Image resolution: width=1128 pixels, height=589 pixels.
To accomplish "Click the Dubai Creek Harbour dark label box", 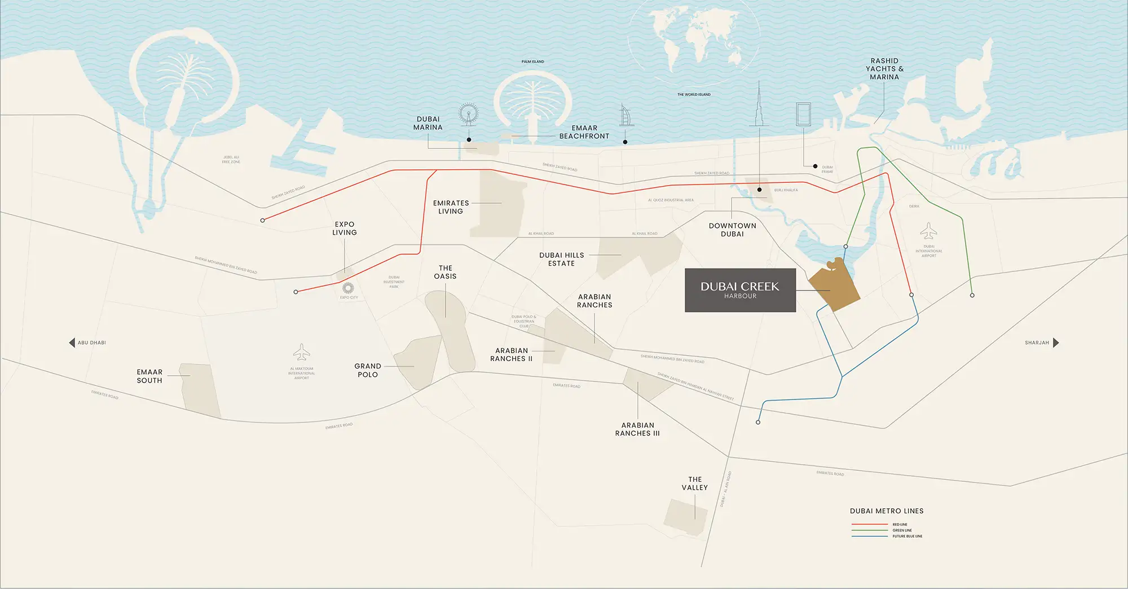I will point(740,290).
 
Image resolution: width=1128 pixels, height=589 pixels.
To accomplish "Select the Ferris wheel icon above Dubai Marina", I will point(468,114).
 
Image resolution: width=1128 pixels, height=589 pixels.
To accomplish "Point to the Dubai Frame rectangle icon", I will point(803,114).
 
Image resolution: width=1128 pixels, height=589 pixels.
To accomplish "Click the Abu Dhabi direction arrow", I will point(72,342).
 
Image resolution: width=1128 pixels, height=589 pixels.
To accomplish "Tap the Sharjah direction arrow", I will point(1056,342).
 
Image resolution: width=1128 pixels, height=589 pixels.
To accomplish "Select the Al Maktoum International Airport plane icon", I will point(302,352).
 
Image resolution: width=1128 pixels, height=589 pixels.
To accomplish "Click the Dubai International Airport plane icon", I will point(928,231).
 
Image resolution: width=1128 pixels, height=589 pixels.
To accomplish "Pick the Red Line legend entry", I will point(887,525).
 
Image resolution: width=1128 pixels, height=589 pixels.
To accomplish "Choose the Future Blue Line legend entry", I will point(887,536).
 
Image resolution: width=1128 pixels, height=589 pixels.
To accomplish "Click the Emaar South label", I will point(149,376).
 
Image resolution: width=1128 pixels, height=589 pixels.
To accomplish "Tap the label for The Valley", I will point(695,483).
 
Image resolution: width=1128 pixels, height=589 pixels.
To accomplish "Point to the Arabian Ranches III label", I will point(637,429).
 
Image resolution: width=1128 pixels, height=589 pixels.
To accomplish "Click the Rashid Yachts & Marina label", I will point(884,69).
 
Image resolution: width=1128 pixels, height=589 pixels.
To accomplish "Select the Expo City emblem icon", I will point(348,288).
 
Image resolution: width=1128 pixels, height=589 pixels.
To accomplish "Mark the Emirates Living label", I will point(451,207).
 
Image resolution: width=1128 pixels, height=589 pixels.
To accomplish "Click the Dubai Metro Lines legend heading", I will point(887,511).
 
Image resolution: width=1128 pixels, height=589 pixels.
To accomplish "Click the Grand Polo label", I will point(368,370).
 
